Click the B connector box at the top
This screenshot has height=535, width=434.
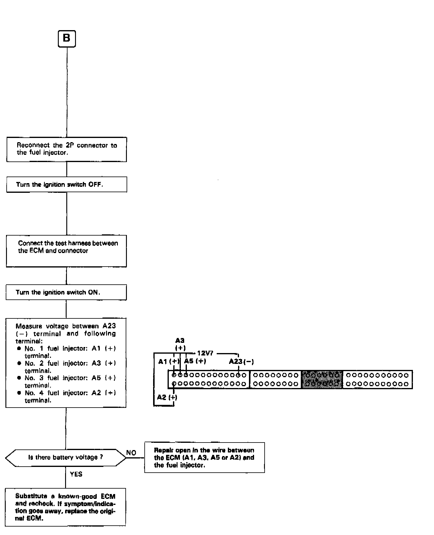coord(67,39)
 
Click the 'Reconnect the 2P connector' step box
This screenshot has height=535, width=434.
coord(67,149)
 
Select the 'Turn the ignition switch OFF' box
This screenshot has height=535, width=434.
coord(67,184)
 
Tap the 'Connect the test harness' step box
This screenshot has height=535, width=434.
coord(66,251)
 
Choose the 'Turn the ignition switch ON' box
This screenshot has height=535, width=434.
coord(66,292)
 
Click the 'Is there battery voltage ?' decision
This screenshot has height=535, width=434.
coord(66,457)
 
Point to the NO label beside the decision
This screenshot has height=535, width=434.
coord(131,453)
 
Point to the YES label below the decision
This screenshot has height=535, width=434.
coord(76,474)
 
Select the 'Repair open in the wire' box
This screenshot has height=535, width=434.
coord(204,458)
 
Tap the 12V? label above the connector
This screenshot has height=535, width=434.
coord(205,353)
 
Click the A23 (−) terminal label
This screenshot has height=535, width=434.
coord(241,361)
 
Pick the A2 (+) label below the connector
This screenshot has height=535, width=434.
coord(167,397)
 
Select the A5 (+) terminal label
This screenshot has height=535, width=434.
coord(195,361)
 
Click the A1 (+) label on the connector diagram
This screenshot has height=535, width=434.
coord(169,361)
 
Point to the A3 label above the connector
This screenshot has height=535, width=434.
coord(180,341)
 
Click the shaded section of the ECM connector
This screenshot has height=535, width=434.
coord(322,379)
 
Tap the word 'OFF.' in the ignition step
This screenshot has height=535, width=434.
coord(96,184)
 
